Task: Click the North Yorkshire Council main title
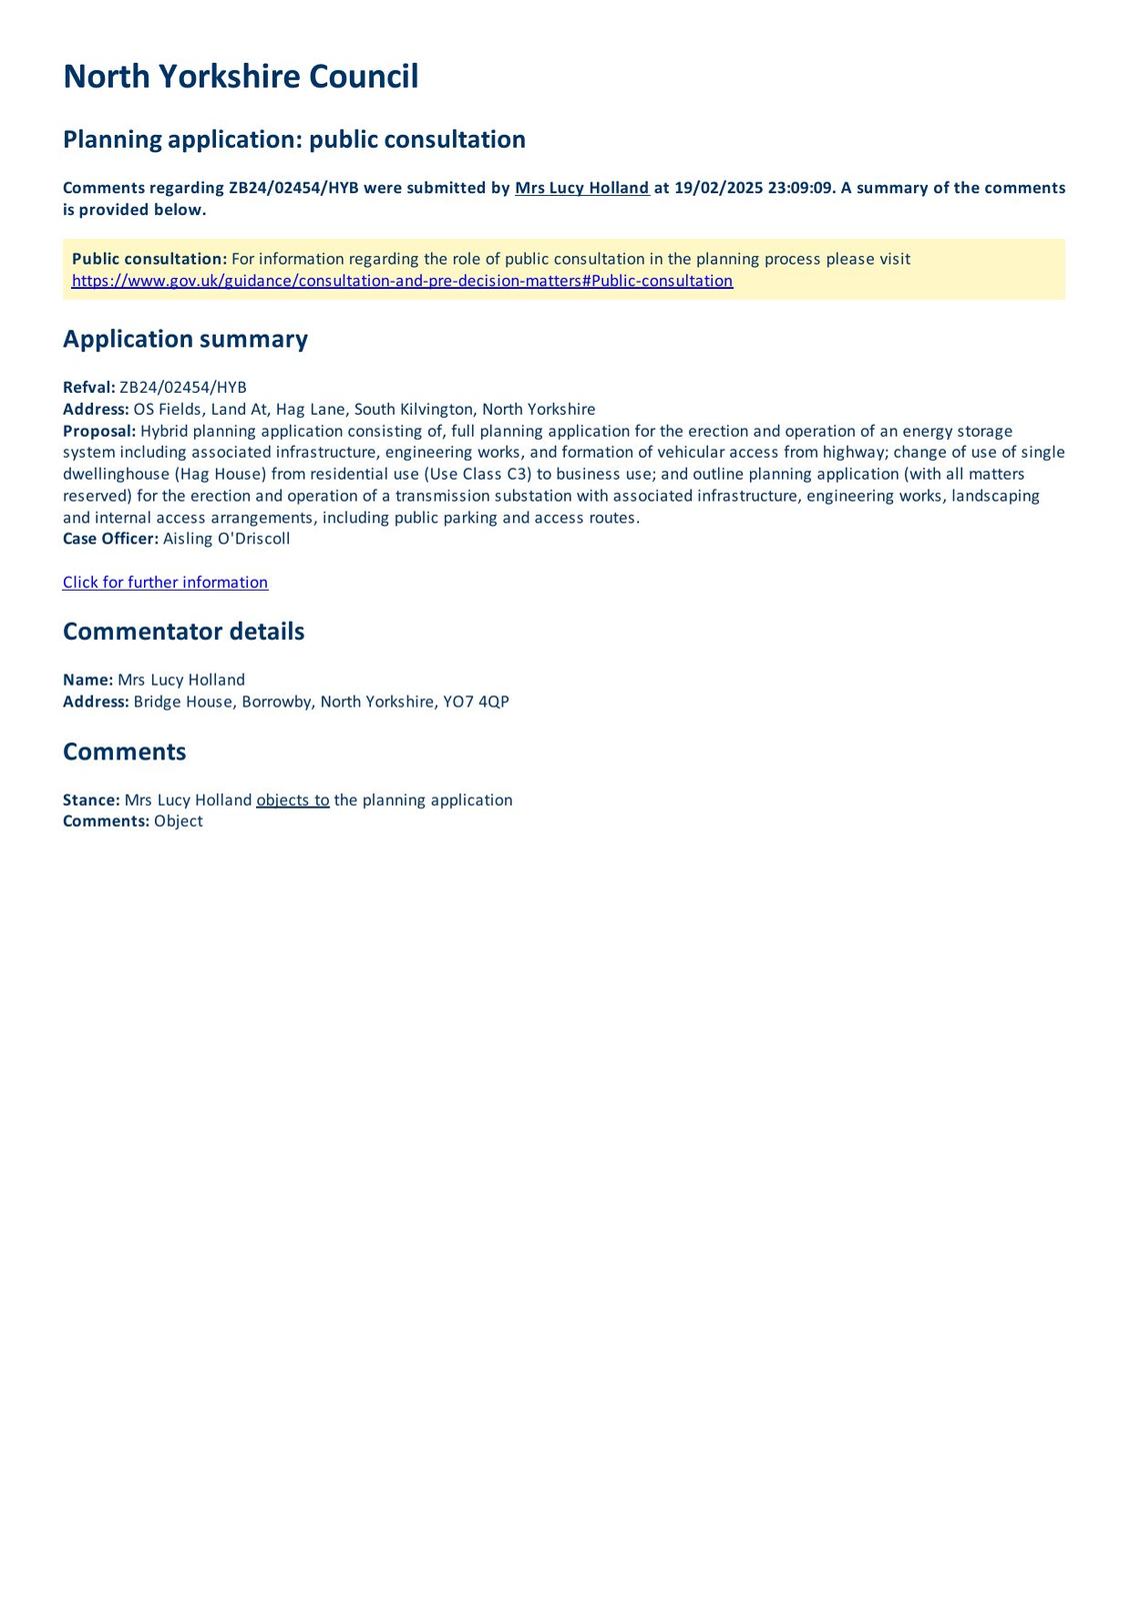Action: (x=240, y=77)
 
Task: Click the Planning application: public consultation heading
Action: (x=294, y=139)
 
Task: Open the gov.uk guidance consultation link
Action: (x=402, y=281)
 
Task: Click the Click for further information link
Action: (x=165, y=583)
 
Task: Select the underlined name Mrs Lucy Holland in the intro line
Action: (x=581, y=188)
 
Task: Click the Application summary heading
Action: (x=185, y=339)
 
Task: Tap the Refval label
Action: (x=89, y=388)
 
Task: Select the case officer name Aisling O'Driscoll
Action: (x=226, y=539)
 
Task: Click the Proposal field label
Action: (x=99, y=431)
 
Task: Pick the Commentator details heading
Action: (x=183, y=632)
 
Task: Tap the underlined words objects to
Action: (x=293, y=800)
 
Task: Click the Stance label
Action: (x=91, y=800)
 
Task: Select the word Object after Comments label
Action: (x=178, y=821)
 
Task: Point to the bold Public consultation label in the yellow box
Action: (x=149, y=259)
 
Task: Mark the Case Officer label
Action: (x=110, y=539)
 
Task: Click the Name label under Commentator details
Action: (x=88, y=680)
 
